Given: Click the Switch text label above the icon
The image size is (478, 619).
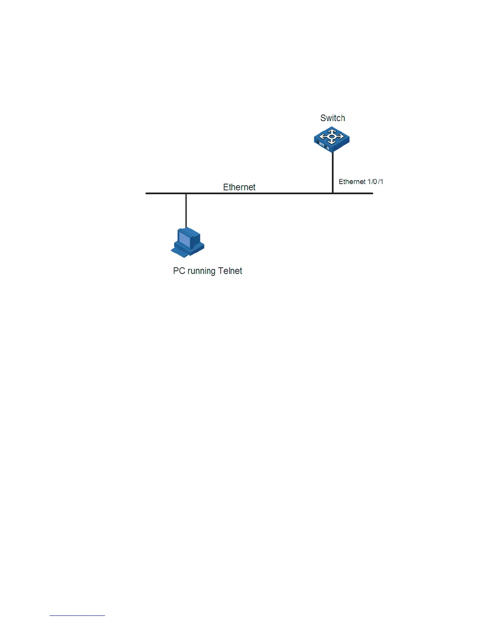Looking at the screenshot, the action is [x=332, y=118].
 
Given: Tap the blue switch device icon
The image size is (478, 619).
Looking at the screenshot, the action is [x=332, y=140].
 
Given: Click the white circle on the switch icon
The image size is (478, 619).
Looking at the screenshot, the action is [x=332, y=136].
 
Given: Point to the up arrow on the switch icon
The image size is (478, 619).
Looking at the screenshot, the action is [x=332, y=131].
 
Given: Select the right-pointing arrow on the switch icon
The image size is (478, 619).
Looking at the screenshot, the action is [x=341, y=137].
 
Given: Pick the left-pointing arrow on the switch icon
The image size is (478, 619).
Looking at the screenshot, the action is [x=323, y=137].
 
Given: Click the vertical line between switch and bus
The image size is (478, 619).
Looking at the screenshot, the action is [x=333, y=172].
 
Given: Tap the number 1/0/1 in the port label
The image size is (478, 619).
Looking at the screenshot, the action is [x=375, y=182].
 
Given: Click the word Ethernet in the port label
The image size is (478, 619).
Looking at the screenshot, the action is [x=352, y=182].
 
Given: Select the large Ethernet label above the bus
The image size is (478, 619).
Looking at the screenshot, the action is [x=239, y=187].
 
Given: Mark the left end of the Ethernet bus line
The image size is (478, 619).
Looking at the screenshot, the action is [x=147, y=193].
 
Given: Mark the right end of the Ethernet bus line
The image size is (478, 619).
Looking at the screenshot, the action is [x=372, y=193].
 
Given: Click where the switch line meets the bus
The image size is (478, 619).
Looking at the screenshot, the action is [x=333, y=193].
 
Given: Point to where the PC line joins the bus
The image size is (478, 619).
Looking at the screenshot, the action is [x=186, y=193].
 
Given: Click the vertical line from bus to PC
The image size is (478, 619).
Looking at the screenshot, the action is [x=186, y=211].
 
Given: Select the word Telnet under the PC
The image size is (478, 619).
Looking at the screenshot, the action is [x=230, y=271].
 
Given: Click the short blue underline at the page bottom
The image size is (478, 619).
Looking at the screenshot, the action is [x=77, y=615].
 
